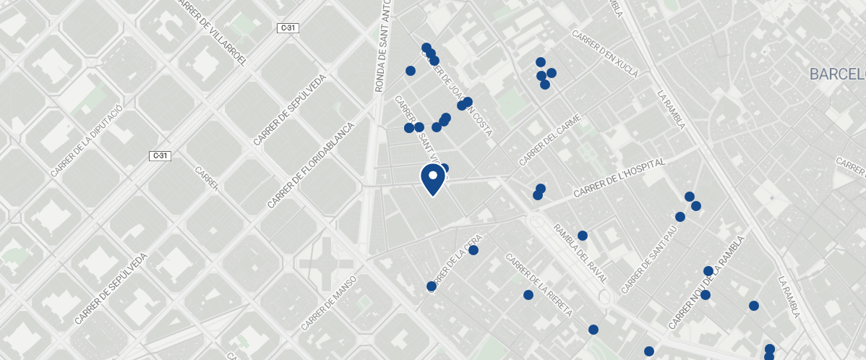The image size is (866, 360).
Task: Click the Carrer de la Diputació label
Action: [x=87, y=140]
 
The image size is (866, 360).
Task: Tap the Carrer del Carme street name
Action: [x=550, y=142]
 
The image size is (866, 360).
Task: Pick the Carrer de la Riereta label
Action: [x=539, y=285]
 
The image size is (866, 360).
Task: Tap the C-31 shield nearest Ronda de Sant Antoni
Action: [x=288, y=28]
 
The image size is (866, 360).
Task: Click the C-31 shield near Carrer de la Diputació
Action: [x=160, y=155]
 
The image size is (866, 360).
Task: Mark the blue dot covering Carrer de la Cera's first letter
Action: [x=432, y=286]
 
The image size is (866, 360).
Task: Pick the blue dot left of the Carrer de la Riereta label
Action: [x=528, y=295]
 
